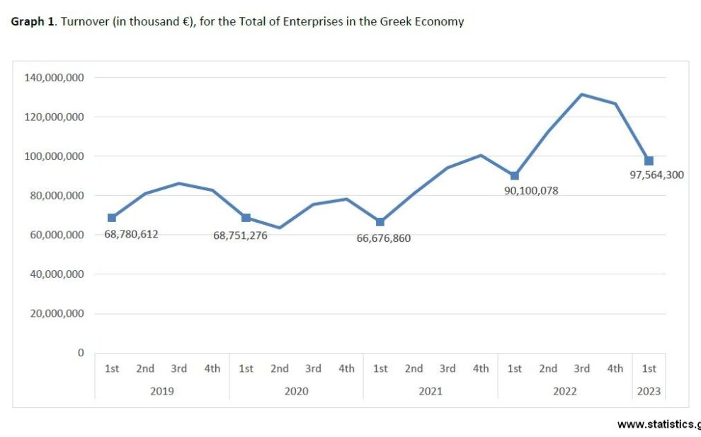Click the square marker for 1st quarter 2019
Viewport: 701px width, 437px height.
pos(112,218)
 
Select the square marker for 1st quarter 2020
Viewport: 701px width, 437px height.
pos(246,218)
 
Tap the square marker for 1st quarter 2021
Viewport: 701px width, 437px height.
pos(380,222)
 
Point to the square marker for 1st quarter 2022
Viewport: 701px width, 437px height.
pos(515,175)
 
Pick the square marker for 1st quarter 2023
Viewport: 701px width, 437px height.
pos(649,161)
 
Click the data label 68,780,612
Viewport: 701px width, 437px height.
pos(131,234)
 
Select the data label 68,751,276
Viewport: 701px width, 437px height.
pos(240,235)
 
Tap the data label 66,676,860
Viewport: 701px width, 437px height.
pos(384,238)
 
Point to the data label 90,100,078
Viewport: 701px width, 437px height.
pos(531,190)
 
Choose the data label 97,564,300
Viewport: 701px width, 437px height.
pos(657,175)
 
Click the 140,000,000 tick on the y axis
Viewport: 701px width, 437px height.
pos(54,77)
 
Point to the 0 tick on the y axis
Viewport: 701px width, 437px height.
pos(81,353)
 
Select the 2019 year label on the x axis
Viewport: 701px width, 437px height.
pos(162,391)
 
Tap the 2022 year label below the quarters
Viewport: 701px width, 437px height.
pos(564,391)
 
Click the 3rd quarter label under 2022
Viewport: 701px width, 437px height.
pos(581,368)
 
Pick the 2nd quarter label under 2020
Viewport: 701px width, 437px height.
pos(280,368)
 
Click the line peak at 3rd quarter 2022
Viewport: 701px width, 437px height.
pos(581,94)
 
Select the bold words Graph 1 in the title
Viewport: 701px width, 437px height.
pos(33,21)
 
